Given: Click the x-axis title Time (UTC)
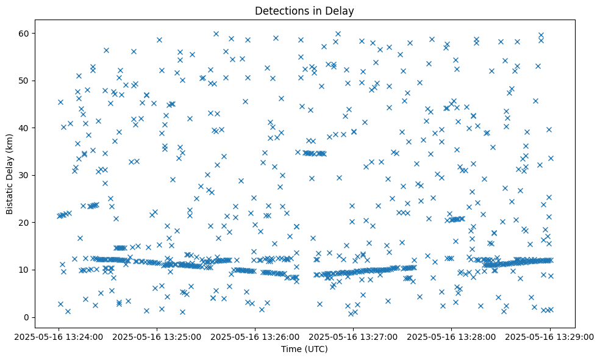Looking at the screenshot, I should (304, 349).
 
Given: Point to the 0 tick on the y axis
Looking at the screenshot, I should (26, 317).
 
